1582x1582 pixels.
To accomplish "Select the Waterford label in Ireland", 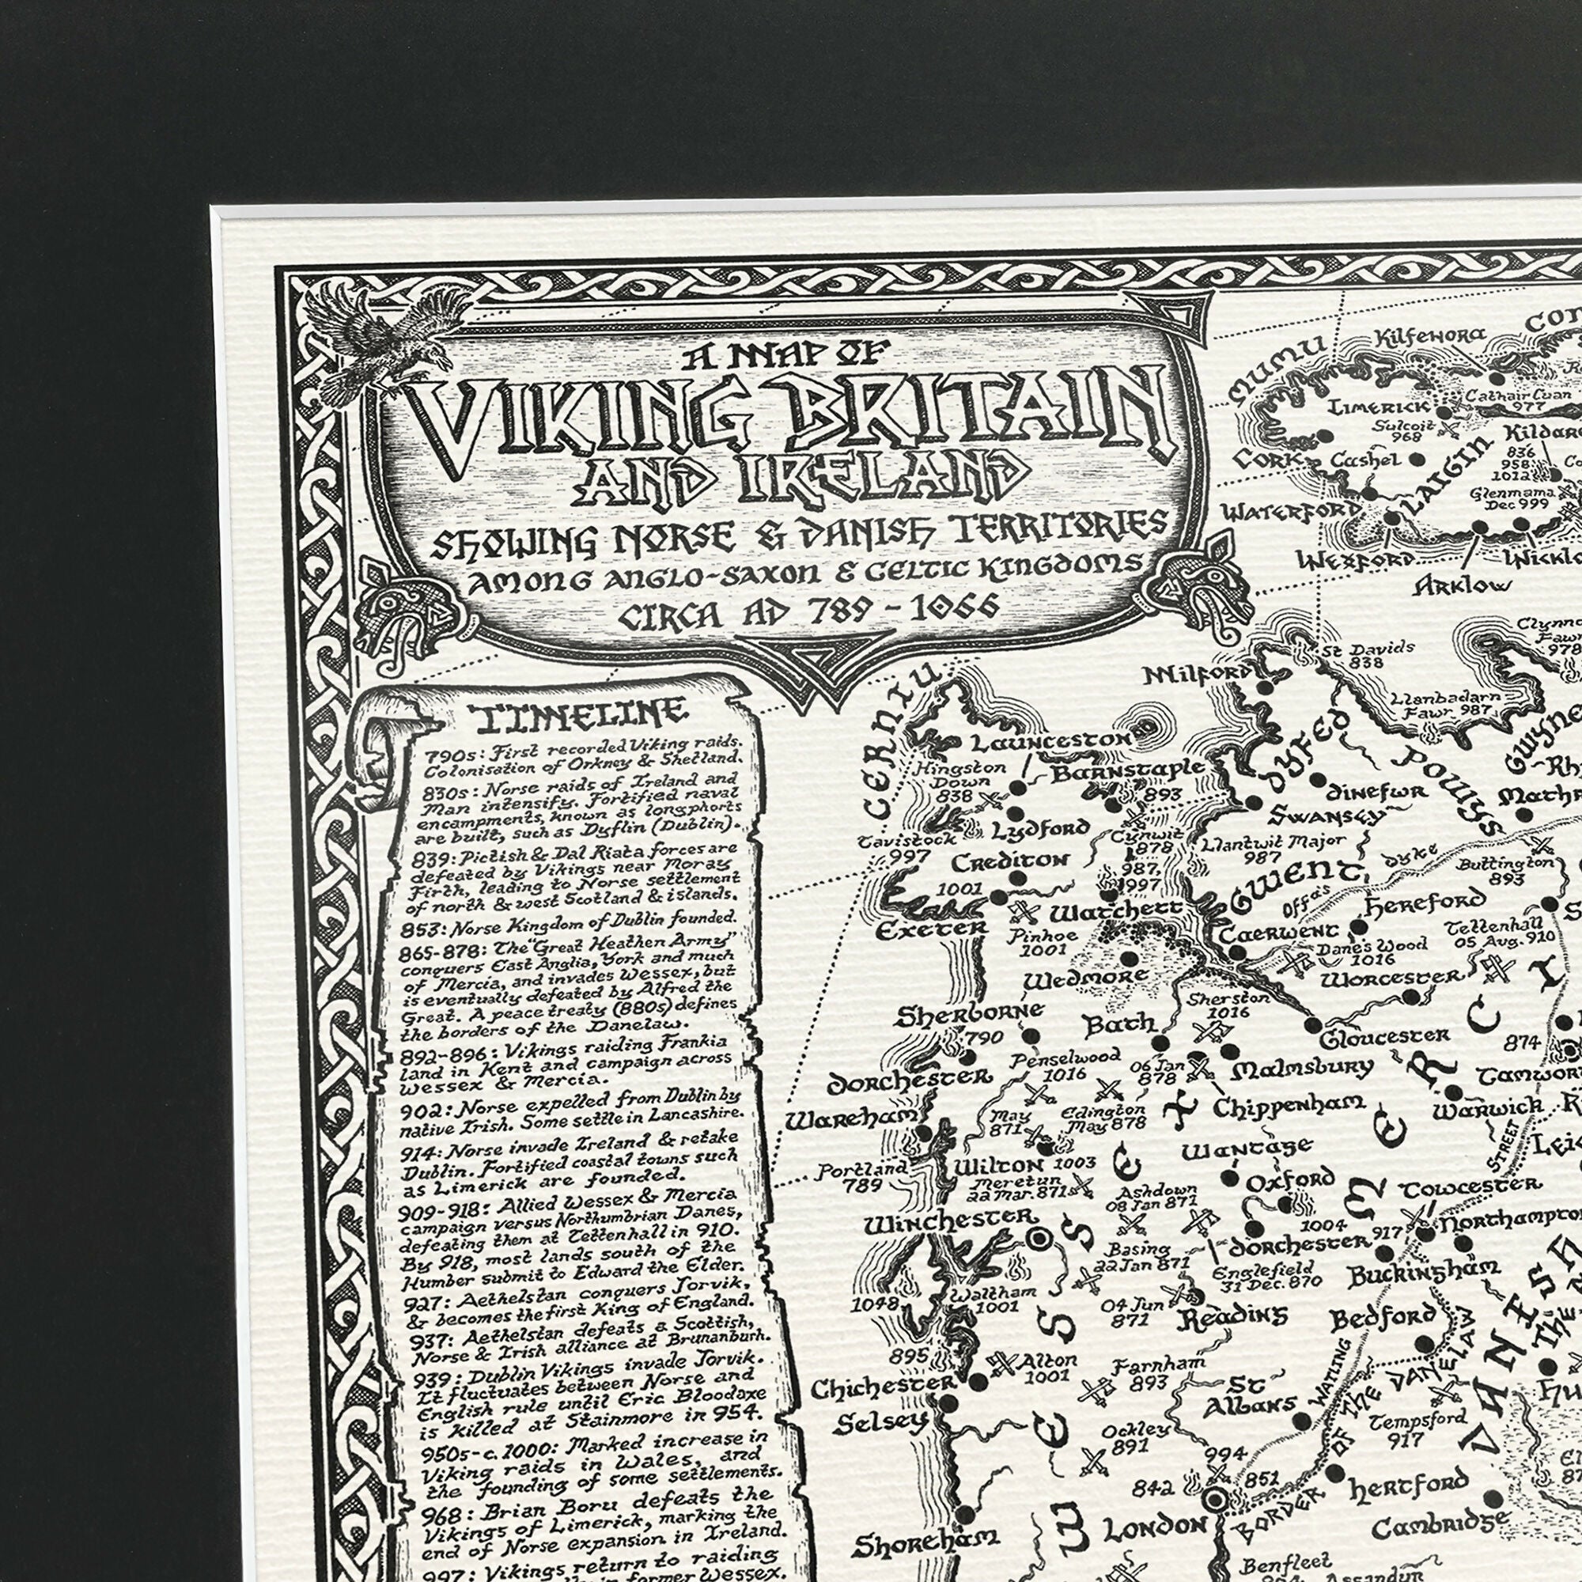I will click(x=1292, y=512).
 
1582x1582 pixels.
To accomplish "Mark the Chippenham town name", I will click(x=1288, y=1108).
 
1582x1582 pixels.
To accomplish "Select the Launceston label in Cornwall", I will click(x=1051, y=742).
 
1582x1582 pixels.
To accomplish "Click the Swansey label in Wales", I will click(x=1327, y=816).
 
